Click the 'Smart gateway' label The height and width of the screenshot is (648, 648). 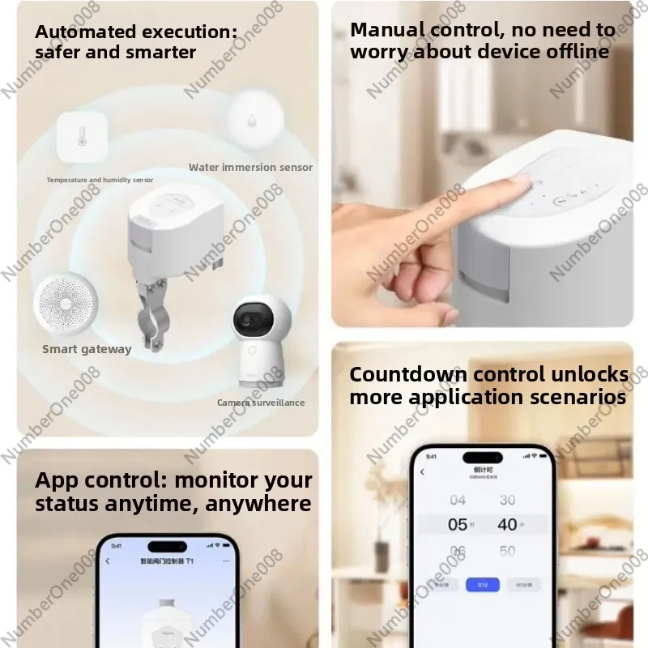point(87,349)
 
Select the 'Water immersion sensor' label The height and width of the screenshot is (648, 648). point(250,168)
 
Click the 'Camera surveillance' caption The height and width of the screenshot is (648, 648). point(261,403)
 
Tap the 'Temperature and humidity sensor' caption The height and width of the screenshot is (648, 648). point(100,180)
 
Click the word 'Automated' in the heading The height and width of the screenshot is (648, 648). point(84,32)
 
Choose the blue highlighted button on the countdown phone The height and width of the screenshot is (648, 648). point(482,584)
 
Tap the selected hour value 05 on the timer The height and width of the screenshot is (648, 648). point(458,525)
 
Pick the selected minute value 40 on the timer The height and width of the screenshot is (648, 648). point(507,525)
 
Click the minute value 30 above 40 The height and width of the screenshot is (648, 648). point(507,500)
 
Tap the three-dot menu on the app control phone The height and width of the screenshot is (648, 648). point(226,561)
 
